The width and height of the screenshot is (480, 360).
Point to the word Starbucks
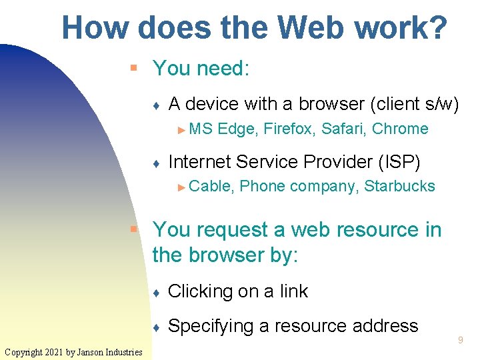(399, 186)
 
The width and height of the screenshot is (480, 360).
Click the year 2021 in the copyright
(57, 352)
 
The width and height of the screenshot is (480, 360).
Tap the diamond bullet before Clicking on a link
(155, 293)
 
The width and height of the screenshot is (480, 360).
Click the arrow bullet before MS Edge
(183, 129)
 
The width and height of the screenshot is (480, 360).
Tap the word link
(294, 291)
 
